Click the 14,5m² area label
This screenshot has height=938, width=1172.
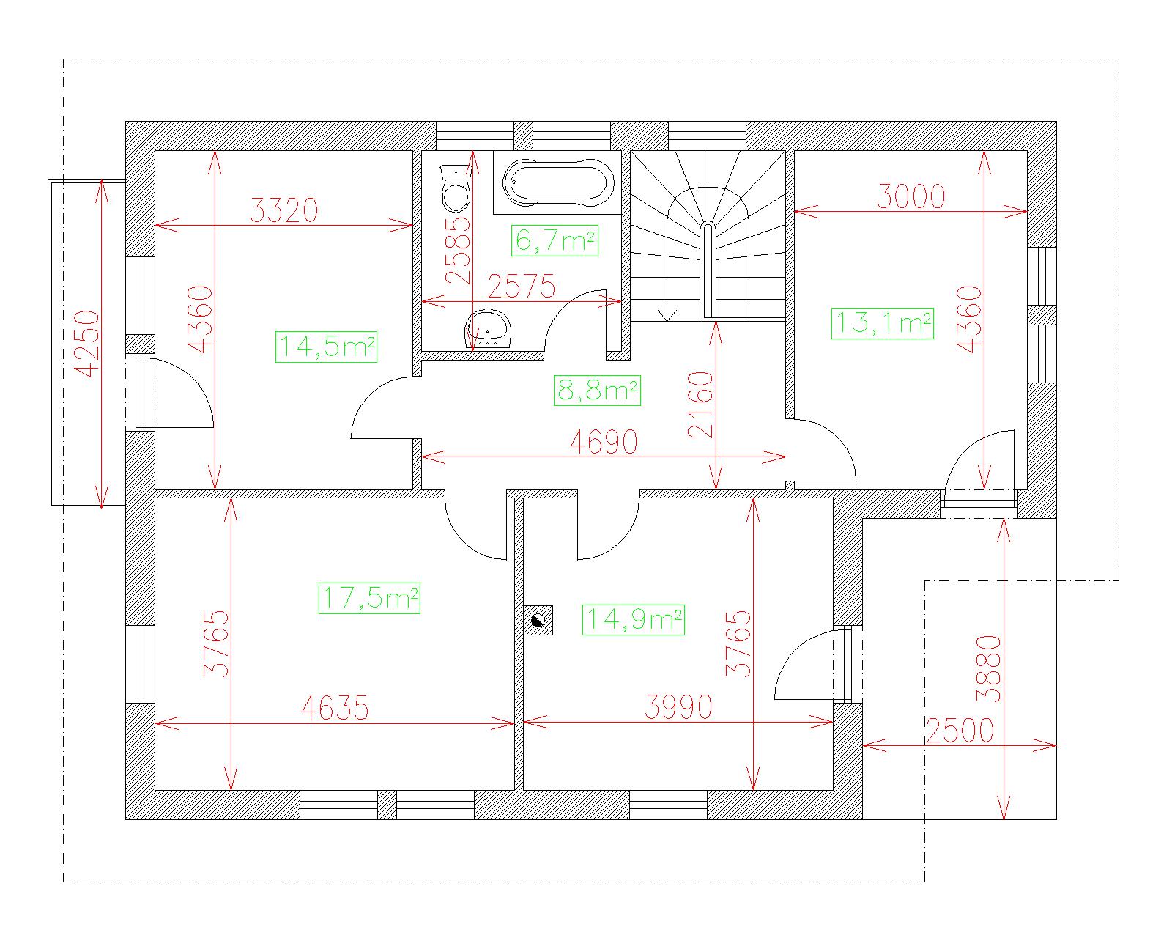tap(326, 347)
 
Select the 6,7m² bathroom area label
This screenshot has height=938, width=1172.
tap(555, 240)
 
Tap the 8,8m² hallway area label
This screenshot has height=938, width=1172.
tap(597, 391)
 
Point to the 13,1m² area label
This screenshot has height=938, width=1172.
tap(882, 323)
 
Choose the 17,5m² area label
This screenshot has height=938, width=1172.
tap(369, 598)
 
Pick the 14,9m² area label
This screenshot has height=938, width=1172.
tap(634, 620)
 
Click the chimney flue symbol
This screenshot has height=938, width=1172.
tap(538, 620)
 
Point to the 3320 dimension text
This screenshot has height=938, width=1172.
tap(283, 210)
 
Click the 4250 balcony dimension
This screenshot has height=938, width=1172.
tap(86, 344)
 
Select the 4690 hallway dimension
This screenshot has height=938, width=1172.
tap(604, 442)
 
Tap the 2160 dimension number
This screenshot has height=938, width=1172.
tap(700, 405)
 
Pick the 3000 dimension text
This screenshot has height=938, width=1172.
tap(910, 196)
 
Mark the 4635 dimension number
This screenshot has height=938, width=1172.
tap(335, 707)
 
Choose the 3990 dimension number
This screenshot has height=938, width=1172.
tap(678, 707)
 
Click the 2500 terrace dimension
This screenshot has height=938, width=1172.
tap(960, 731)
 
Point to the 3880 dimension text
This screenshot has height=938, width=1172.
tap(988, 669)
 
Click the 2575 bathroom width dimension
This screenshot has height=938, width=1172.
tap(522, 287)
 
